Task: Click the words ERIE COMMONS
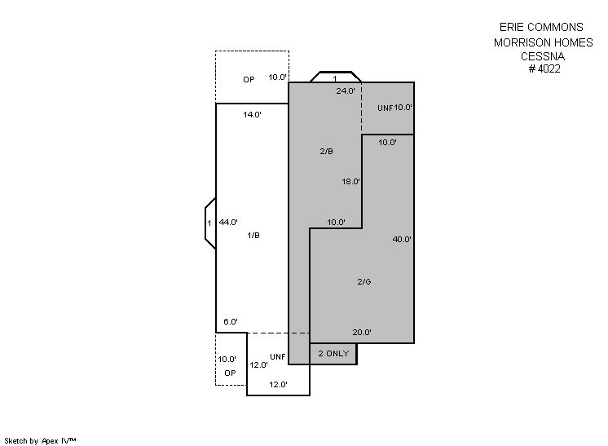pyautogui.click(x=541, y=27)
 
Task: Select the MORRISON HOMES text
pyautogui.click(x=544, y=42)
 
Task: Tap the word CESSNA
pyautogui.click(x=543, y=56)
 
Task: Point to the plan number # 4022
pyautogui.click(x=544, y=68)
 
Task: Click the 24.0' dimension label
pyautogui.click(x=346, y=91)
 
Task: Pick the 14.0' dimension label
pyautogui.click(x=252, y=114)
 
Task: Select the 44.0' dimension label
pyautogui.click(x=228, y=223)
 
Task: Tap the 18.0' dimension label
pyautogui.click(x=350, y=181)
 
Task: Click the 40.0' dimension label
pyautogui.click(x=402, y=239)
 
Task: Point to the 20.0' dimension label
pyautogui.click(x=362, y=333)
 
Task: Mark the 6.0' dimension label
pyautogui.click(x=231, y=321)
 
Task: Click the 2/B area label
pyautogui.click(x=327, y=152)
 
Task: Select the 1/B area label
pyautogui.click(x=253, y=235)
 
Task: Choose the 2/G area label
pyautogui.click(x=364, y=281)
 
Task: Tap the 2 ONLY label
pyautogui.click(x=333, y=353)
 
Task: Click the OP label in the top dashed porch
pyautogui.click(x=249, y=80)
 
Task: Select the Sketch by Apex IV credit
pyautogui.click(x=40, y=441)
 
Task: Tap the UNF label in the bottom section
pyautogui.click(x=278, y=357)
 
